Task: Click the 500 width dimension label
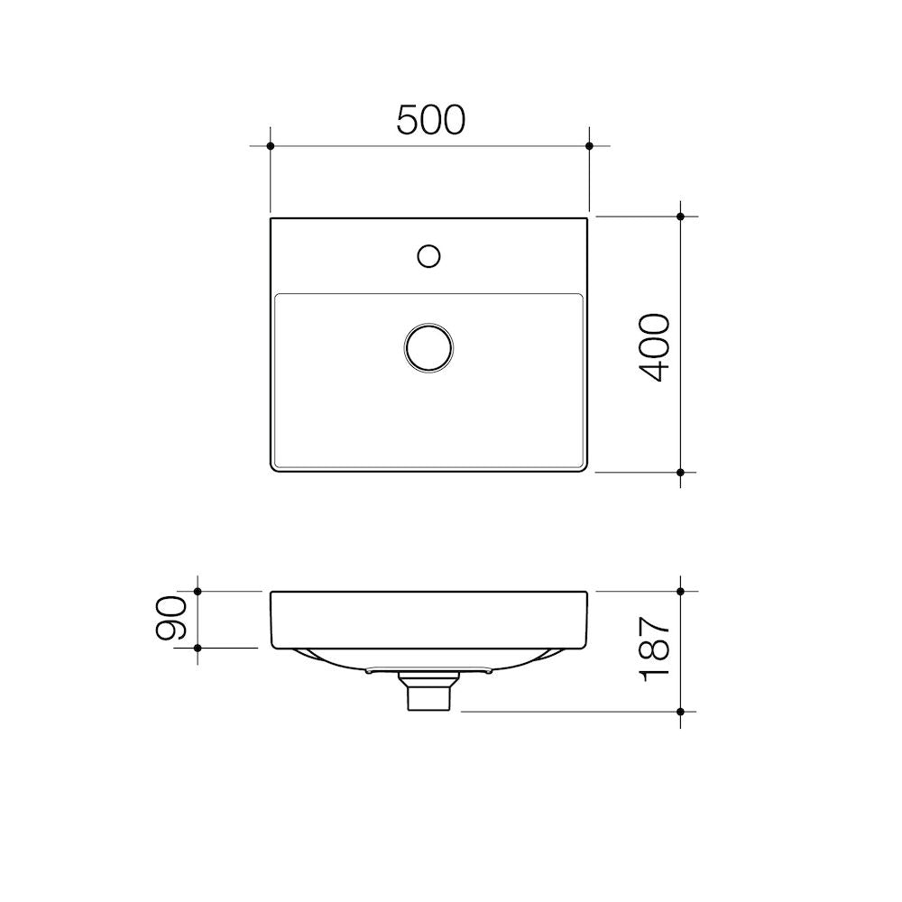[431, 120]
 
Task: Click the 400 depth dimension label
[655, 348]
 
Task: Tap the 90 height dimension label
[170, 619]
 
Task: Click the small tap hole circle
[428, 256]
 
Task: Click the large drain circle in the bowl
[428, 347]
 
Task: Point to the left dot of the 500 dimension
[271, 146]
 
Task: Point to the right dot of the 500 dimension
[589, 146]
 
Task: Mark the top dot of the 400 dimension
[680, 216]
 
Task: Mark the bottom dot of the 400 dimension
[680, 473]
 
